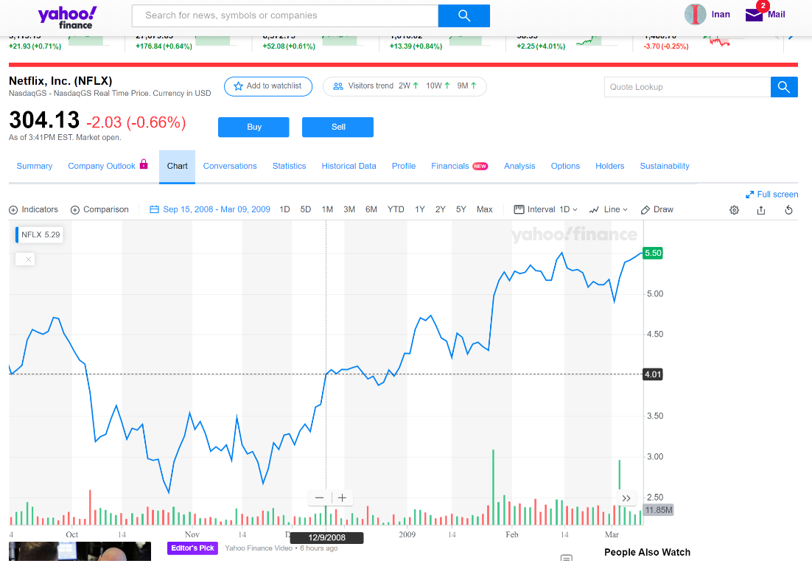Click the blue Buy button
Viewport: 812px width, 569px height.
click(x=253, y=127)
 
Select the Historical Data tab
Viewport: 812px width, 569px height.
click(x=349, y=166)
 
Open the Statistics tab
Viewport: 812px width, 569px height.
click(x=289, y=166)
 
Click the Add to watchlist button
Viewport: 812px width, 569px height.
click(x=267, y=86)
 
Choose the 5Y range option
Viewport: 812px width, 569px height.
click(x=461, y=209)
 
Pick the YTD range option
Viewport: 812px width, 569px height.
click(x=396, y=209)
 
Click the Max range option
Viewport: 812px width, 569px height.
click(x=484, y=209)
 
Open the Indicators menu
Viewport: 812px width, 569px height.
click(x=33, y=209)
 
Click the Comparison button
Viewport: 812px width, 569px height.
click(x=99, y=209)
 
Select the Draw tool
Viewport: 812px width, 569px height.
click(x=657, y=209)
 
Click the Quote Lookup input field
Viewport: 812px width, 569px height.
click(x=685, y=87)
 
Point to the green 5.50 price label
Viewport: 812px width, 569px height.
click(x=653, y=253)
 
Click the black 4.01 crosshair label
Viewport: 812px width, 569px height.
click(x=653, y=374)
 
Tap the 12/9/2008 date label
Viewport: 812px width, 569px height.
click(x=327, y=538)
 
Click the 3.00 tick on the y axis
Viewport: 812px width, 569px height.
click(x=654, y=457)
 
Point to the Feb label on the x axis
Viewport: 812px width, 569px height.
click(x=512, y=534)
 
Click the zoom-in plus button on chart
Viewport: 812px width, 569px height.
click(x=342, y=498)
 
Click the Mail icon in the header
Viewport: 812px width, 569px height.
click(x=754, y=15)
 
